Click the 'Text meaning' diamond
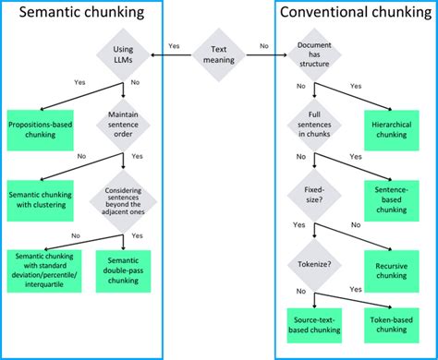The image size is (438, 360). pos(219,55)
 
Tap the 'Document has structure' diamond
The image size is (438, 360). pos(313,55)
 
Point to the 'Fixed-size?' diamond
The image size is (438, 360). pos(313,197)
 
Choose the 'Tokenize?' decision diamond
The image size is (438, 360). pos(313,265)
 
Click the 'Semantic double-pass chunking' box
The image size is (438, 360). pos(124,270)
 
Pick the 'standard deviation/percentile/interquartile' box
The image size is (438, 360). pos(44,270)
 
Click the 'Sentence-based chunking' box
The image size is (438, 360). pos(390,197)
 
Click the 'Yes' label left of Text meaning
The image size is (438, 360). pos(174,45)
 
